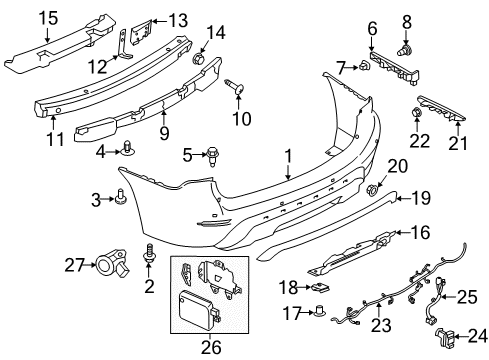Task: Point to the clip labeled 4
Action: (132, 151)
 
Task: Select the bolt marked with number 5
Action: (213, 154)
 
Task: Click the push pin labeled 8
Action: (407, 47)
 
